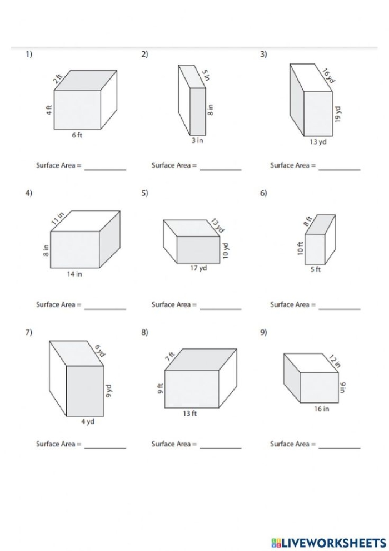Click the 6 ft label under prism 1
pos(77,136)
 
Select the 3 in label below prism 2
pos(197,141)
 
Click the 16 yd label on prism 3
pos(328,75)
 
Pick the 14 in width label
pos(74,274)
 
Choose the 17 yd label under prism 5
pos(198,268)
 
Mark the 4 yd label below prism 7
pos(88,422)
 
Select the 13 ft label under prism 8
pos(190,414)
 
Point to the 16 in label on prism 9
pos(321,409)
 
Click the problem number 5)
pos(144,193)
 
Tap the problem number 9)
pos(263,332)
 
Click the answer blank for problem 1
pos(105,168)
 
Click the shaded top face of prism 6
pos(321,224)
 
